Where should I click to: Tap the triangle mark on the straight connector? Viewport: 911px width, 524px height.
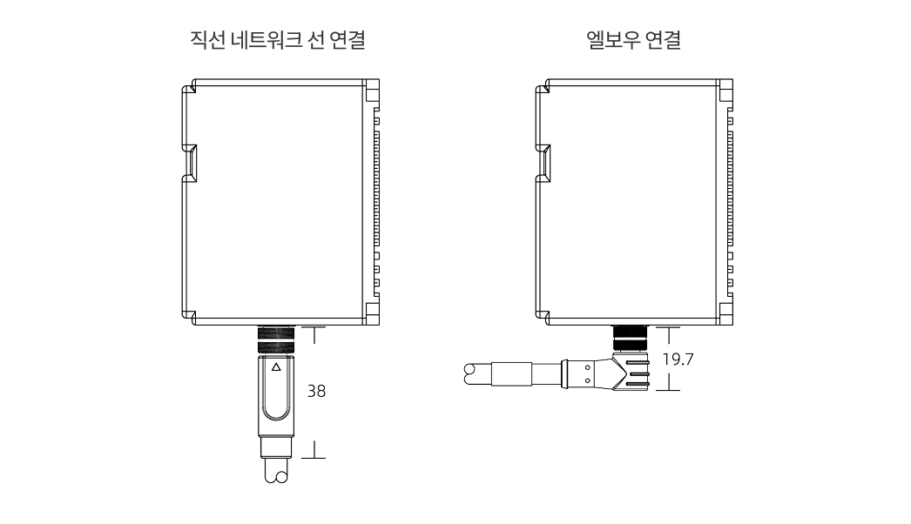coord(276,367)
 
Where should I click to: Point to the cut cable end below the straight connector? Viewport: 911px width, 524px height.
coord(276,475)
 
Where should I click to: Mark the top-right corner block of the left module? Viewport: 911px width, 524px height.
coord(373,90)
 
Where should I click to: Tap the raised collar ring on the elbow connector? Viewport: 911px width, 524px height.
coord(567,374)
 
